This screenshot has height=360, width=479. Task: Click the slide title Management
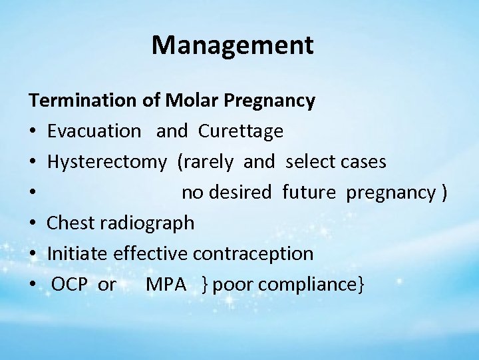232,45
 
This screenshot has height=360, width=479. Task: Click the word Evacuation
94,131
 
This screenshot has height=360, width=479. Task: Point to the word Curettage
240,131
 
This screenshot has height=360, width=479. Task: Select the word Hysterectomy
107,162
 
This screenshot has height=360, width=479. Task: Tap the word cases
363,162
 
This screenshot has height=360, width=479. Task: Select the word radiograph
148,223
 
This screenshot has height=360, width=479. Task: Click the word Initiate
78,254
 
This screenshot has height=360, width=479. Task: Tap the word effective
152,254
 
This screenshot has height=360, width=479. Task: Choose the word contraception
253,254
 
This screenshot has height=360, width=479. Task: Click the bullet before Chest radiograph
33,223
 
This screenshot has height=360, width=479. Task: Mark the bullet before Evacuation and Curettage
33,131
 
